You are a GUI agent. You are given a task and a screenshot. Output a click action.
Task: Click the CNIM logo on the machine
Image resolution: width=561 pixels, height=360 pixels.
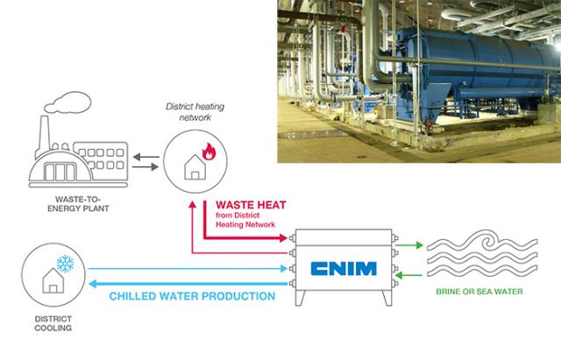click(x=344, y=269)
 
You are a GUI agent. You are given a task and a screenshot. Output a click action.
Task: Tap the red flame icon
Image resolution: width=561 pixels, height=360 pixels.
click(x=209, y=152)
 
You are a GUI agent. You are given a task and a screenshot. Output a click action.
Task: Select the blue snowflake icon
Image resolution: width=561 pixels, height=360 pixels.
click(x=65, y=264)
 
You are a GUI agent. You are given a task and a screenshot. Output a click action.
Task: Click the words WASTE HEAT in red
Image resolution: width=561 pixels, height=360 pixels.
click(x=251, y=205)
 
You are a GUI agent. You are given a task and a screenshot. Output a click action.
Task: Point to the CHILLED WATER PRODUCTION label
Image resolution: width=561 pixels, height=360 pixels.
click(x=192, y=296)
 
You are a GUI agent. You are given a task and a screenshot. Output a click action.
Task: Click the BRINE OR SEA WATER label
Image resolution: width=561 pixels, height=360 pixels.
click(x=479, y=292)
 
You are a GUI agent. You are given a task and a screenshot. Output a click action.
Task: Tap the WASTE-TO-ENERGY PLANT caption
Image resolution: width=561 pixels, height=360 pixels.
click(x=78, y=204)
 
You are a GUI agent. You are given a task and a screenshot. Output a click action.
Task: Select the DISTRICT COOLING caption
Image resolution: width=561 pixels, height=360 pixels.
click(x=53, y=323)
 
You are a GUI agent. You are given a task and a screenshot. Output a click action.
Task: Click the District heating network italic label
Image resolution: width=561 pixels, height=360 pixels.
click(x=195, y=111)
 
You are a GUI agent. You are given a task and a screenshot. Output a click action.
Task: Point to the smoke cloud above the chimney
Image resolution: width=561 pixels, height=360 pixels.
click(x=68, y=102)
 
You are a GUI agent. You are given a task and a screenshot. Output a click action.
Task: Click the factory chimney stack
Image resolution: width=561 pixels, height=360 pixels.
click(x=44, y=137)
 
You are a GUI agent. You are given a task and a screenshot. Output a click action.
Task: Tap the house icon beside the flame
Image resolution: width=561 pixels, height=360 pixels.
click(x=195, y=166)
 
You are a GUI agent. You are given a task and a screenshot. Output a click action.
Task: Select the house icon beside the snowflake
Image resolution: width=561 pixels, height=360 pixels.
click(x=53, y=280)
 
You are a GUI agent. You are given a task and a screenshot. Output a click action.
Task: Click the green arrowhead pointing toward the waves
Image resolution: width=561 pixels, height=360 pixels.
click(x=419, y=245)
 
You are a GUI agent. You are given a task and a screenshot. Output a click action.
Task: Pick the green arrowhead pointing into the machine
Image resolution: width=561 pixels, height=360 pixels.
click(x=399, y=275)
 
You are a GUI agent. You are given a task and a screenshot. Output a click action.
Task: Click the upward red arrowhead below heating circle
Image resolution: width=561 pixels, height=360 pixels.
click(x=193, y=204)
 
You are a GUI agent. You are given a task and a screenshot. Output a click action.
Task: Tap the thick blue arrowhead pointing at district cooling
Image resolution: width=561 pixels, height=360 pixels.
click(x=93, y=284)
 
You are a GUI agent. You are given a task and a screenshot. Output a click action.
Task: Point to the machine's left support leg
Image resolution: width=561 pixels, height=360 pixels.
click(x=300, y=298)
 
